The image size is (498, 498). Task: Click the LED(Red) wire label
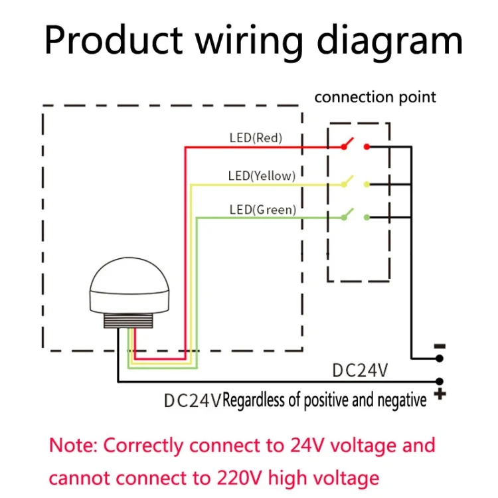pyautogui.click(x=256, y=138)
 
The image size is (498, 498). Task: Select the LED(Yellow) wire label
pyautogui.click(x=261, y=176)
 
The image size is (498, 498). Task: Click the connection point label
pyautogui.click(x=375, y=97)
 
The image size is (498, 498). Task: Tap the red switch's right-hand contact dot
pyautogui.click(x=367, y=147)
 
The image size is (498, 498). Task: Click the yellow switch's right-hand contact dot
pyautogui.click(x=367, y=184)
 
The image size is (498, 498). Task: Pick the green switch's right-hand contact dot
pyautogui.click(x=367, y=217)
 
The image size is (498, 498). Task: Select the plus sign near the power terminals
pyautogui.click(x=440, y=395)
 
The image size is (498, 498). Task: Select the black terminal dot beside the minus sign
pyautogui.click(x=439, y=359)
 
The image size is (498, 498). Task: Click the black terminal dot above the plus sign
pyautogui.click(x=439, y=382)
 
